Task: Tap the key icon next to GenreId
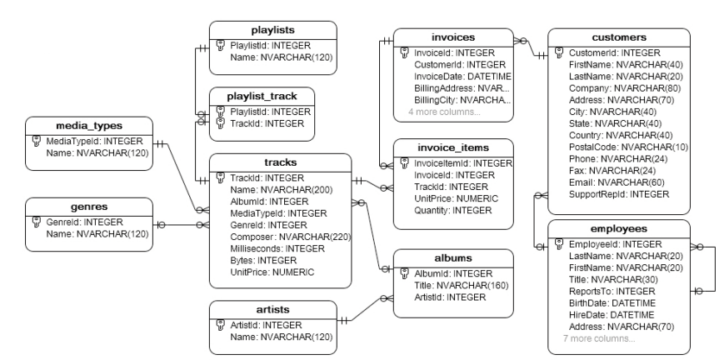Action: [x=37, y=222]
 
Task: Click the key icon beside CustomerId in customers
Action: [x=560, y=52]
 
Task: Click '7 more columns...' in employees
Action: [x=598, y=338]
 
